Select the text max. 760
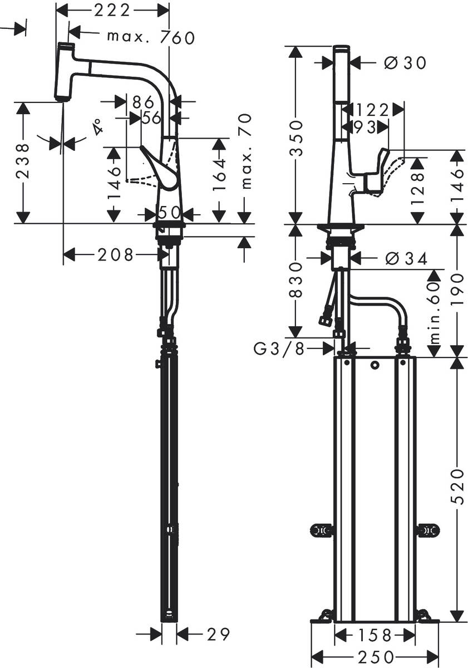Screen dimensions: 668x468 click(151, 37)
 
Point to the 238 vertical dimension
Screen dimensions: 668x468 click(23, 162)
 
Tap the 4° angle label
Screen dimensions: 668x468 click(98, 127)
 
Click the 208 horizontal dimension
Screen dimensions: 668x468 click(116, 255)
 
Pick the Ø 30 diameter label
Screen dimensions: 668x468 click(405, 63)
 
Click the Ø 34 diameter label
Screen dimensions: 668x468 click(405, 258)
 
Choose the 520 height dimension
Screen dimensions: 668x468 click(457, 487)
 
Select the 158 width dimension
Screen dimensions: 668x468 click(375, 635)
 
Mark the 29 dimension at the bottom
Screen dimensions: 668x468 click(218, 634)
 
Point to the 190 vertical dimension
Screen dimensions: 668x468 click(457, 290)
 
